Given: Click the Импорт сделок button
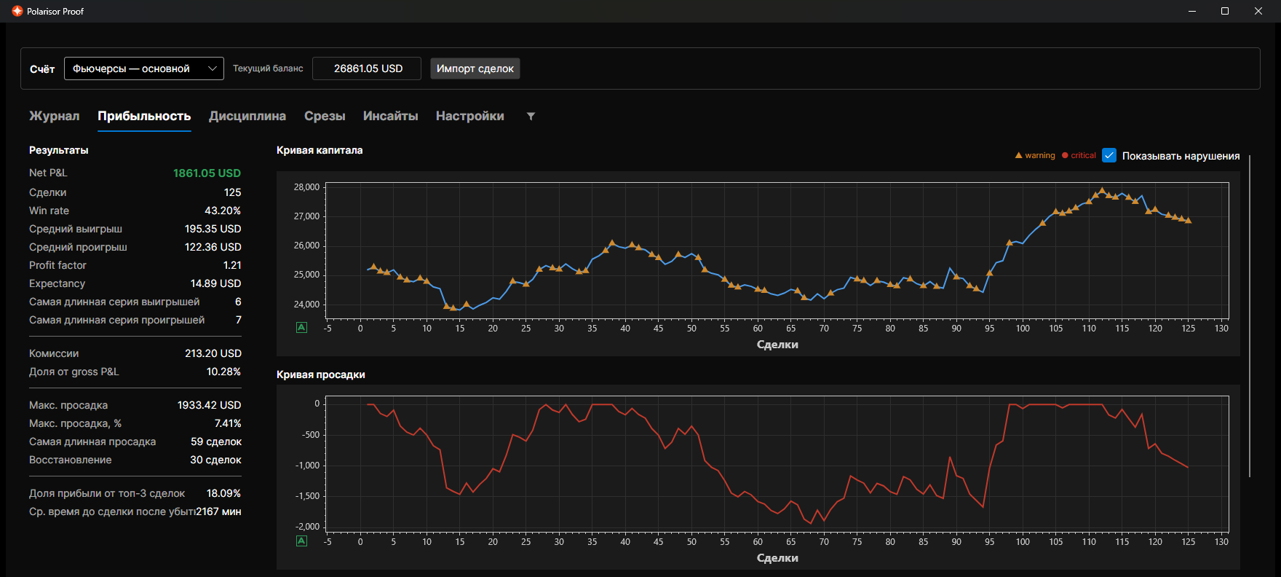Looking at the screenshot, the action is (x=475, y=68).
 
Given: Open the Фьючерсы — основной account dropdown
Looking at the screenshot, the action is (x=144, y=68).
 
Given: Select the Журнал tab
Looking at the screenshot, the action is (x=55, y=116).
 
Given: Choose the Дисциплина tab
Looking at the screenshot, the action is (x=247, y=116).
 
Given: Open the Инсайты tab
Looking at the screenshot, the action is (x=391, y=116).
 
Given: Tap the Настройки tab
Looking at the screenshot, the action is (x=470, y=116).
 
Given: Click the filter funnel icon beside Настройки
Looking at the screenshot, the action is (x=531, y=117).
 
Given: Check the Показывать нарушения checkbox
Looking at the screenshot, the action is (x=1109, y=155).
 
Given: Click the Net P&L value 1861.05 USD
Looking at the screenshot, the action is (x=207, y=173).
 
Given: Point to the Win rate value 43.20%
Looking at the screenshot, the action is (x=223, y=211).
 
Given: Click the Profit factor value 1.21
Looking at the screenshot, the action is (x=232, y=265).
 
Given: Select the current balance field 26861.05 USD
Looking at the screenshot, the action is (x=367, y=68).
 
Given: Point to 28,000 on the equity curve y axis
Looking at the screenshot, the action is (x=306, y=187).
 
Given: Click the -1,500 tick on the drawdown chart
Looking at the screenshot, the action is (x=307, y=496).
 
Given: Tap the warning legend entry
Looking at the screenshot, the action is (x=1035, y=155).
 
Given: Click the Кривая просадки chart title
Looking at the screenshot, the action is (x=321, y=374).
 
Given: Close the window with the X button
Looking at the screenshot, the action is (x=1258, y=11).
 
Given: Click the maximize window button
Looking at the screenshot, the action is (x=1225, y=11).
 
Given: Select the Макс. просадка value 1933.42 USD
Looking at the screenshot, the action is (x=209, y=405).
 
